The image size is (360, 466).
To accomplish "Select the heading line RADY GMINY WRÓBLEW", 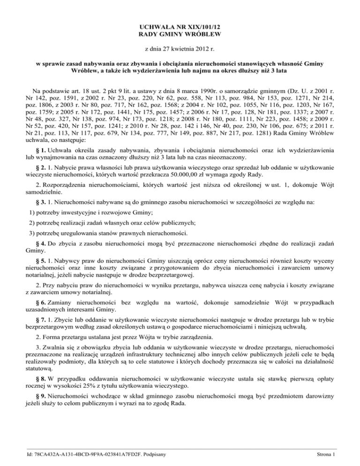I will [x=180, y=34].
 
